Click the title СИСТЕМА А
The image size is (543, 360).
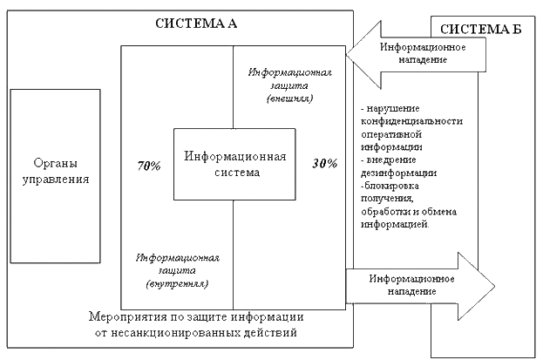(196, 23)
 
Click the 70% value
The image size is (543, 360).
(149, 165)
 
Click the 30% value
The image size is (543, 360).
(324, 163)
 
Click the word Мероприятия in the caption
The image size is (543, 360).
(130, 316)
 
